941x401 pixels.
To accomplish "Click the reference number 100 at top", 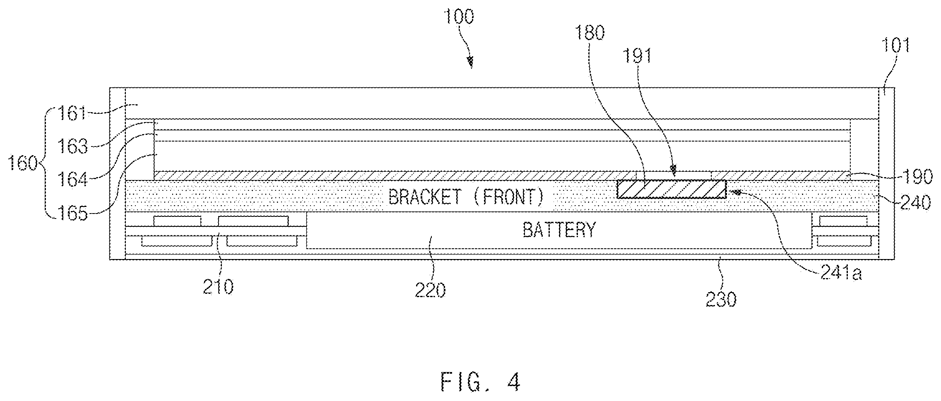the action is (459, 17).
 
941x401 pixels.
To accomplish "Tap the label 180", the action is (590, 33).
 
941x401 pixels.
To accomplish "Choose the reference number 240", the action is (916, 202).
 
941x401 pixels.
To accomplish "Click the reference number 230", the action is (721, 299).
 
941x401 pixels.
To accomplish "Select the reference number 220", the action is (431, 290).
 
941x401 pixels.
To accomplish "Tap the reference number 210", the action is (218, 286).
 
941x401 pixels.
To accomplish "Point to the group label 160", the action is (24, 164).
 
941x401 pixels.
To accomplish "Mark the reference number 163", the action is (73, 146).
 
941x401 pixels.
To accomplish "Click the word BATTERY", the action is (559, 230).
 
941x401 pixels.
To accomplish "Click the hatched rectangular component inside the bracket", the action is (671, 189).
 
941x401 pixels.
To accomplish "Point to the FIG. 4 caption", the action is (480, 382).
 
